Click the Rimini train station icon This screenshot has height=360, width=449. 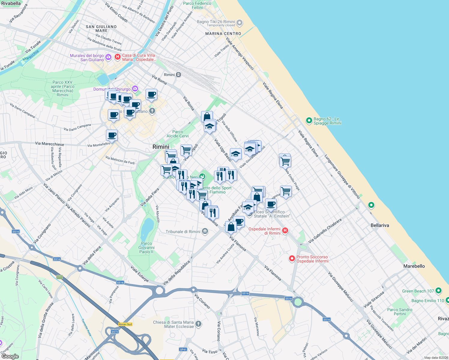point(179,75)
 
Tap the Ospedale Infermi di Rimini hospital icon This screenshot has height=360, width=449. point(285,231)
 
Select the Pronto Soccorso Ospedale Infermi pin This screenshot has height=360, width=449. point(292,259)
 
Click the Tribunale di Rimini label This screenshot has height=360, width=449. point(183,232)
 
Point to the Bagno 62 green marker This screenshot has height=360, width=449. point(309,121)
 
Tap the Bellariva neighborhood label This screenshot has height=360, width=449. point(380,225)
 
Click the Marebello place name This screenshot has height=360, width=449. point(414,266)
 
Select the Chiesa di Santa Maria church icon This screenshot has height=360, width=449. point(198,324)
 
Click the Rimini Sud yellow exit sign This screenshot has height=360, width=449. point(125,324)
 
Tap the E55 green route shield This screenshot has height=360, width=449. point(59,277)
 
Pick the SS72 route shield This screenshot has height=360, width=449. point(115,331)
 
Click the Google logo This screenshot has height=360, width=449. point(10,356)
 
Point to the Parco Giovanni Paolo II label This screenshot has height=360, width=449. point(146,248)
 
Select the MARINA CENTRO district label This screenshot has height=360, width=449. point(223,34)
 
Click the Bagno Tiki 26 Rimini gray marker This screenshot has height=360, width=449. point(240,23)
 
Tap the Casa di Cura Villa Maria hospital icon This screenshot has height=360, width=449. point(118,56)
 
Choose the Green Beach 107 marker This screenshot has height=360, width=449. point(438,291)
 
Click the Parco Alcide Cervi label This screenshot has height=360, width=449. point(178,134)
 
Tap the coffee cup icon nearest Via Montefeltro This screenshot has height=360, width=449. point(112,135)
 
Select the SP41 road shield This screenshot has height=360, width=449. point(183,349)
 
